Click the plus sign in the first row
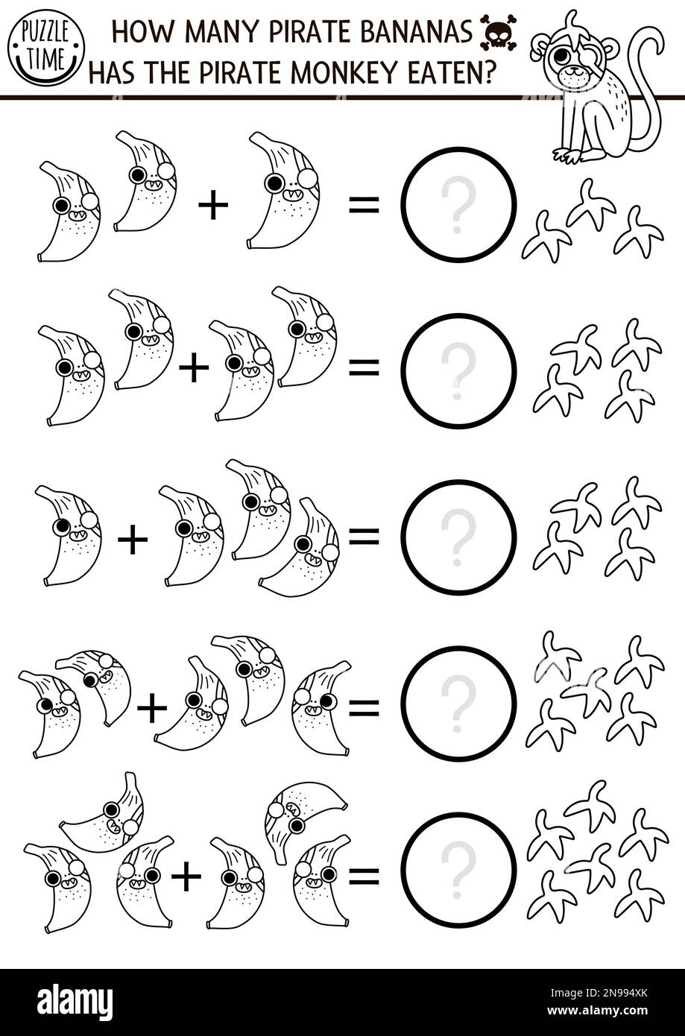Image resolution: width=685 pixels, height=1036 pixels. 213,206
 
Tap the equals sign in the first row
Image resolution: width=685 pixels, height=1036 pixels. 364,206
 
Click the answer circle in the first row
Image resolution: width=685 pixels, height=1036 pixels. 458,205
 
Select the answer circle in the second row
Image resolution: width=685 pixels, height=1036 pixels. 458,371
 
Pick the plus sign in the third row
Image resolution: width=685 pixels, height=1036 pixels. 133,540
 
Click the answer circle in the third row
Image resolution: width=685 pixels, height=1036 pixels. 458,537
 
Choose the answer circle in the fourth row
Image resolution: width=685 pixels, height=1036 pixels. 458,704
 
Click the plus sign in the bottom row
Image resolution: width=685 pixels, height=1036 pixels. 186,877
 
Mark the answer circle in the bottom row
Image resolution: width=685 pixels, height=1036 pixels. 458,870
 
